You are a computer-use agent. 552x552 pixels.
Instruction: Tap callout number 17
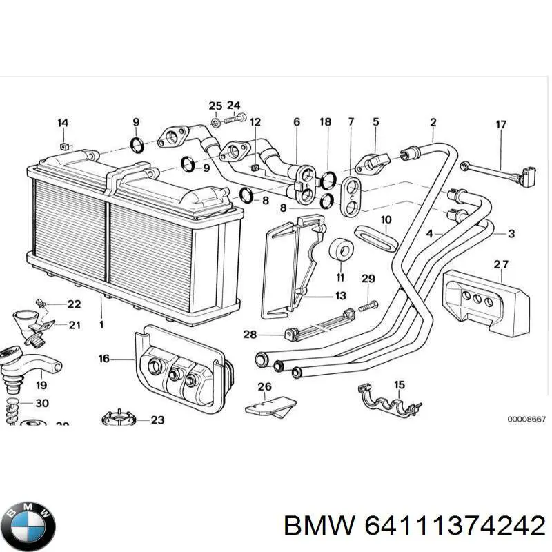[x=501, y=125]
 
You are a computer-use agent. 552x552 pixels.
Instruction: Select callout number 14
[x=63, y=124]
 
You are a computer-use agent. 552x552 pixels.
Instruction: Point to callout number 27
[x=501, y=264]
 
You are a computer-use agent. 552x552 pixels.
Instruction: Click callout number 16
[x=104, y=359]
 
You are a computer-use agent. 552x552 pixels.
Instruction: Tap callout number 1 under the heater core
[x=101, y=324]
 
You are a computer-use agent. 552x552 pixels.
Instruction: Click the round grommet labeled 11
[x=339, y=251]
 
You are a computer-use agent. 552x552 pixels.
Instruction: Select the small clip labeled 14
[x=63, y=146]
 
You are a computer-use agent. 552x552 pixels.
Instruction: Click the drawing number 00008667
[x=526, y=419]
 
